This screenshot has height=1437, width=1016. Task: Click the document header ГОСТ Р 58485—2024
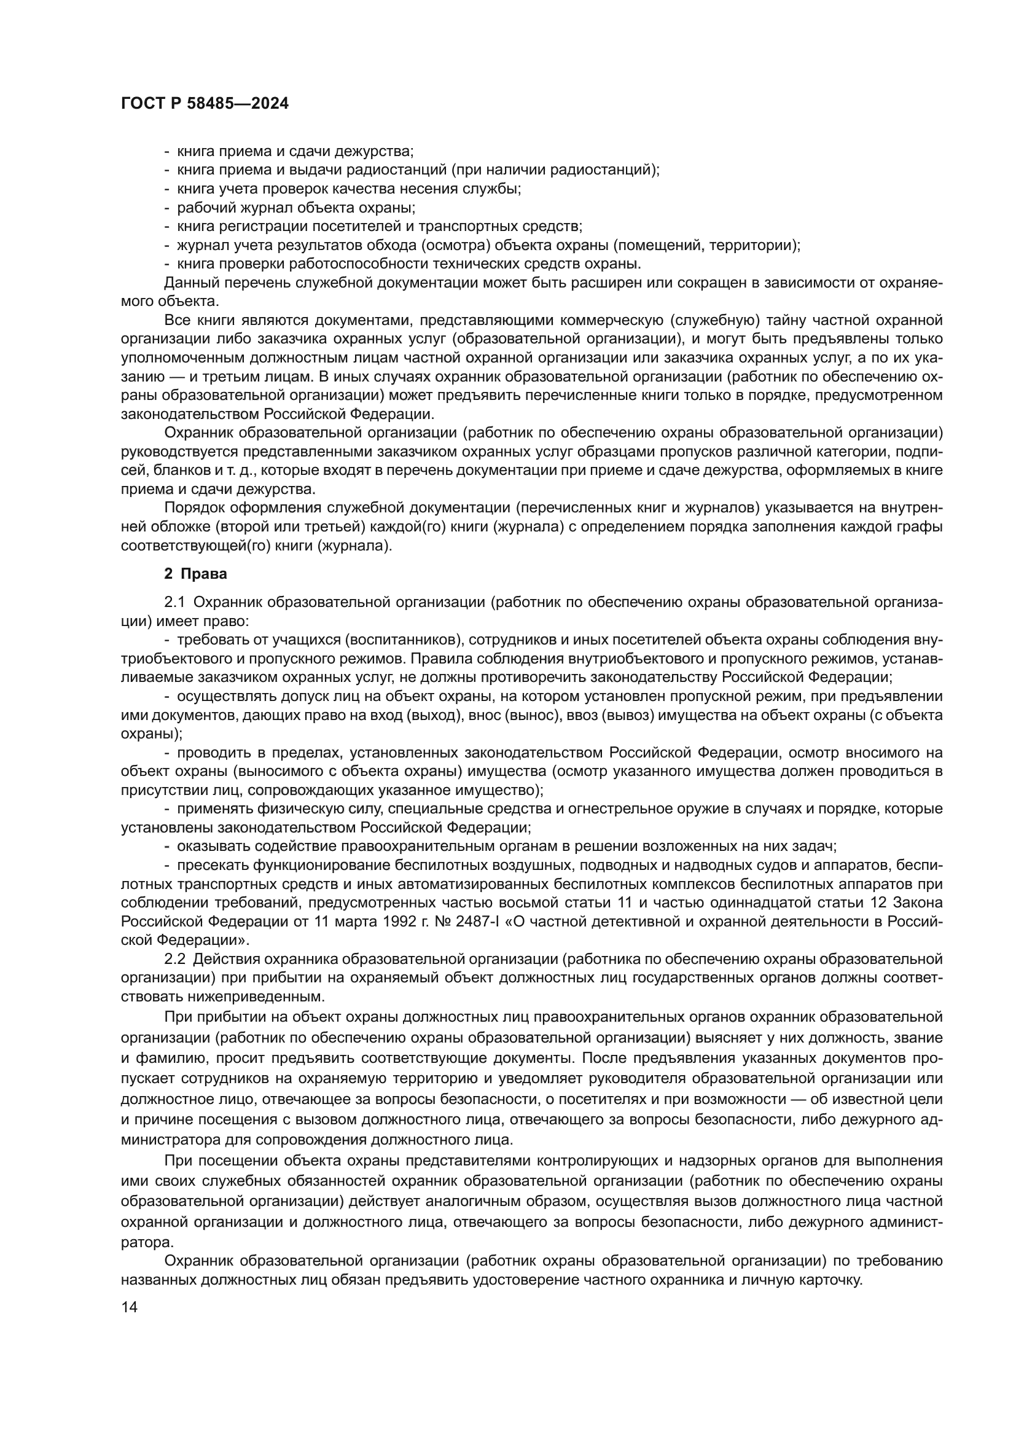tap(205, 104)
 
